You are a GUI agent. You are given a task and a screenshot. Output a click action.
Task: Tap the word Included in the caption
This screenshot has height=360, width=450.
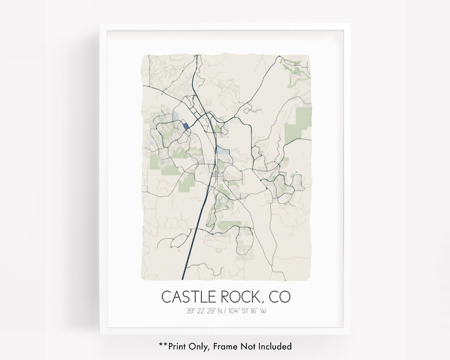(275, 346)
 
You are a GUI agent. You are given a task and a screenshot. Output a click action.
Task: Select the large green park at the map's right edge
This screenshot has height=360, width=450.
(298, 121)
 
